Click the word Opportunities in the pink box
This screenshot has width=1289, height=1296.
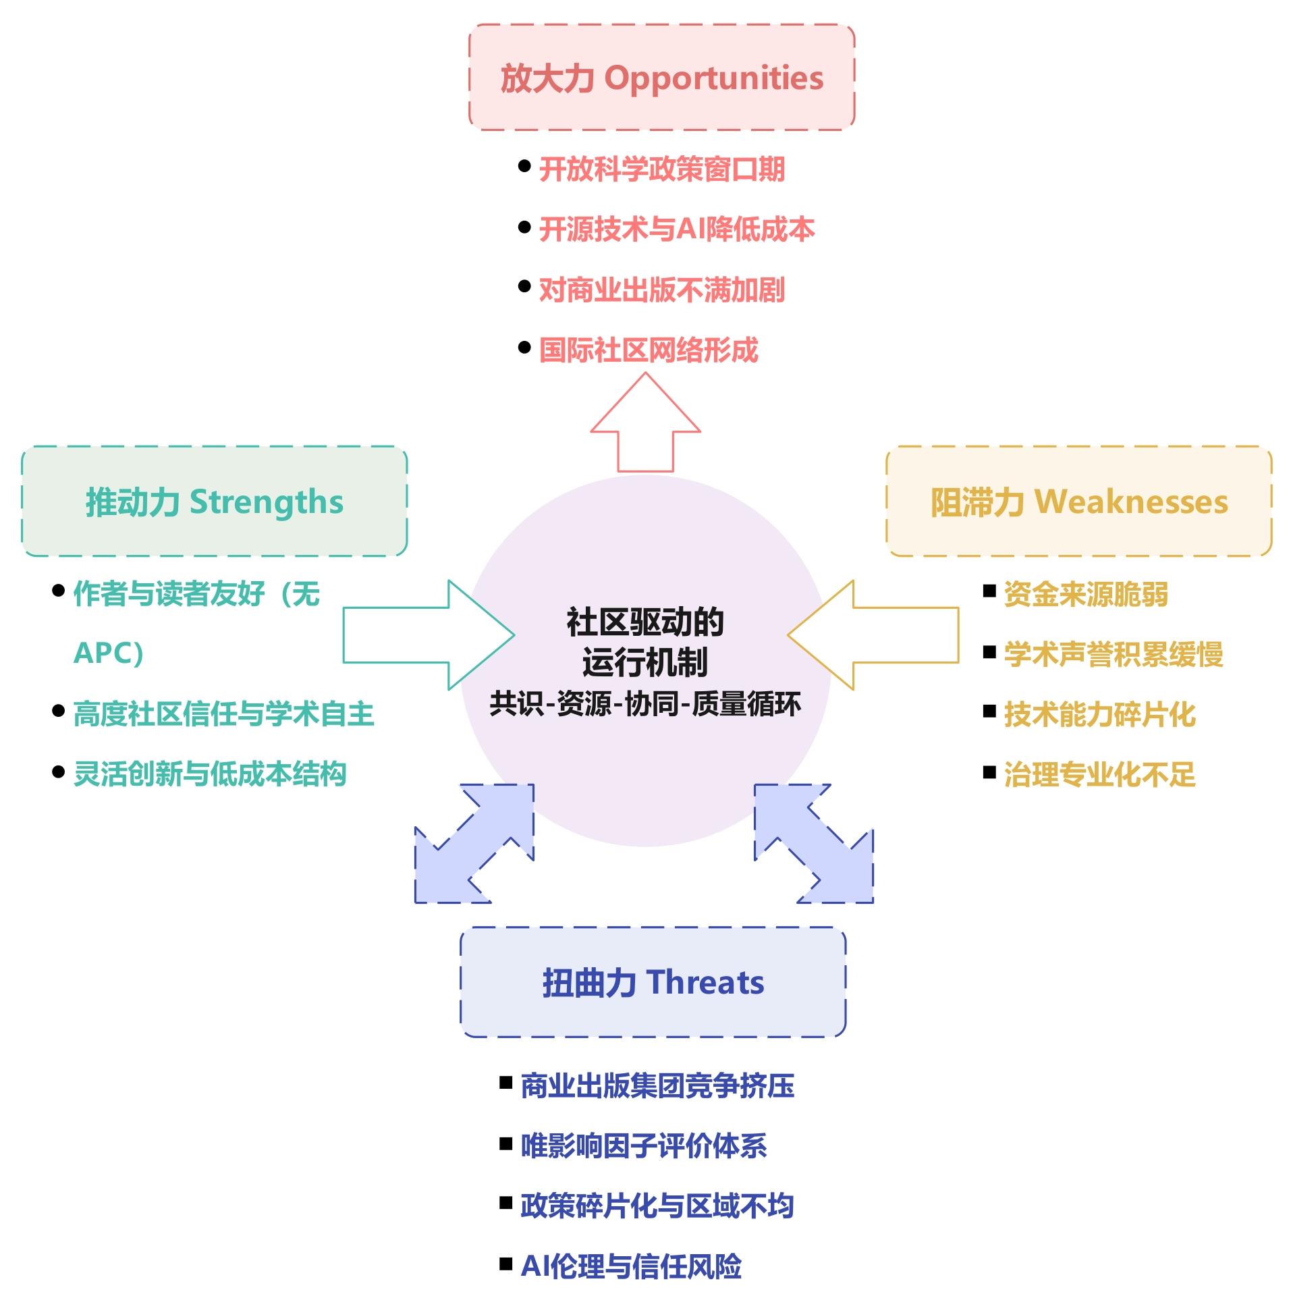click(713, 78)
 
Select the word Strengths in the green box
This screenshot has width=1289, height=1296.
click(266, 502)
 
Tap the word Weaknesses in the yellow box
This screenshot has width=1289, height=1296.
click(1131, 502)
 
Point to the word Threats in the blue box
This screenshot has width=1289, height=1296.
click(705, 982)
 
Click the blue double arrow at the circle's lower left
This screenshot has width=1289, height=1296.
click(474, 843)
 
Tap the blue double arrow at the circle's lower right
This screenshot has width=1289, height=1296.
click(814, 843)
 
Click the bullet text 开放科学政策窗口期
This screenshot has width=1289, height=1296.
click(661, 169)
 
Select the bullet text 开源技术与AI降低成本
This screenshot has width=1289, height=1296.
click(676, 230)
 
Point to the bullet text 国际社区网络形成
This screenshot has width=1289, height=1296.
click(649, 350)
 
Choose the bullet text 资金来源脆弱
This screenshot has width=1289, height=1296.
click(1085, 594)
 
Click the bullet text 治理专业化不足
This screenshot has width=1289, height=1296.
click(1099, 774)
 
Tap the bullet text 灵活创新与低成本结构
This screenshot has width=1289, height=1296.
click(210, 774)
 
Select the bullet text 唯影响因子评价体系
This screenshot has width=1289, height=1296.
click(644, 1145)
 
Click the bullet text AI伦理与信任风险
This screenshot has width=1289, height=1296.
click(631, 1266)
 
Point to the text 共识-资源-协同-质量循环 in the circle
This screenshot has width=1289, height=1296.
click(645, 703)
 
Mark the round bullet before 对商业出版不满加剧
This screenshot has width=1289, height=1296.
click(524, 286)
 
